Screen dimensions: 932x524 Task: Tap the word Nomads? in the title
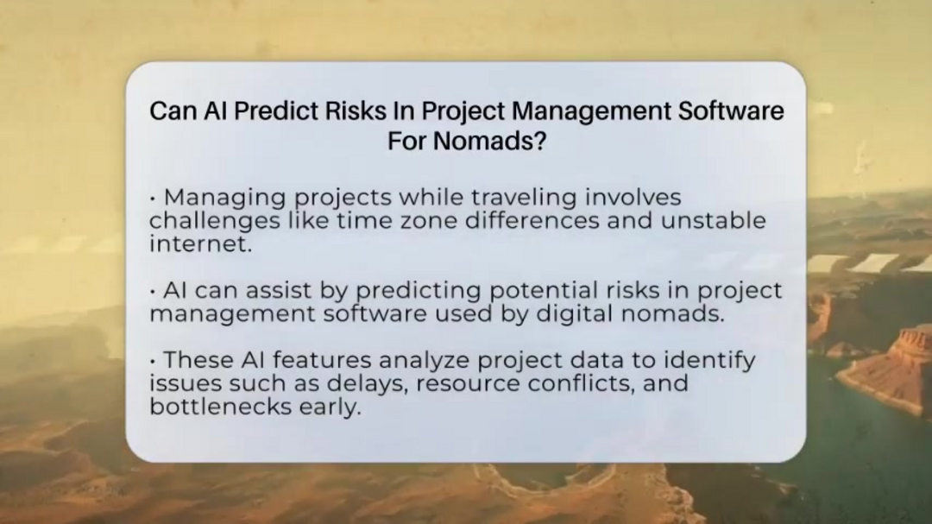click(x=489, y=141)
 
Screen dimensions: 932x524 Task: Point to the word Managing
click(x=224, y=198)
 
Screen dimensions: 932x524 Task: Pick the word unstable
click(x=714, y=221)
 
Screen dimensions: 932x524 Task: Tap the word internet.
click(x=200, y=243)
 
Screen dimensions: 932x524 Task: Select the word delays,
click(x=368, y=383)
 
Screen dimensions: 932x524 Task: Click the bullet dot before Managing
click(x=154, y=198)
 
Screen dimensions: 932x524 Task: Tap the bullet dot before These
click(x=154, y=361)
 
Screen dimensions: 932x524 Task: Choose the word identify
click(x=709, y=361)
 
